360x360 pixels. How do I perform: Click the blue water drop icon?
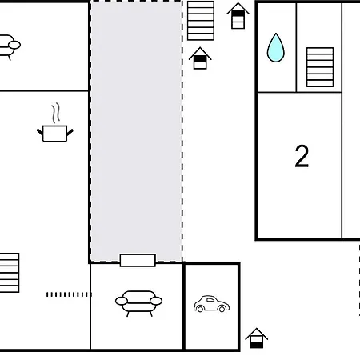pos(276,48)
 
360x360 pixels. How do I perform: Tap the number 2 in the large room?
pos(302,156)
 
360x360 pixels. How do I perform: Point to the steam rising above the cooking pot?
pos(56,113)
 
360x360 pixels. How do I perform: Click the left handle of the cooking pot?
pos(40,132)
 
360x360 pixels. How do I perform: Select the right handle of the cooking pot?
pos(70,132)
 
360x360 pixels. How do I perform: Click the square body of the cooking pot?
pos(54,134)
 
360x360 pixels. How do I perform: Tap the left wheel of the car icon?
pos(200,309)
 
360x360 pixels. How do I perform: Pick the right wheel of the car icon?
pos(222,309)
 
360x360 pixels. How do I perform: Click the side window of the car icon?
pos(210,300)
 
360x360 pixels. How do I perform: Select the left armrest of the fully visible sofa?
pos(122,301)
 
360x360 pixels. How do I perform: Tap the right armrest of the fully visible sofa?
pos(156,301)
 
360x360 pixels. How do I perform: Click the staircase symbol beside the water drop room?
pos(320,67)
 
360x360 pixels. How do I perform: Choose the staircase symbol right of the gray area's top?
pos(201,21)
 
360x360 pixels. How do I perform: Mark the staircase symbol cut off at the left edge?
pos(10,273)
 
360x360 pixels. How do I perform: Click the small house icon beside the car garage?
pos(257,338)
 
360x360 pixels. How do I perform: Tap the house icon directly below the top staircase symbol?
pos(200,58)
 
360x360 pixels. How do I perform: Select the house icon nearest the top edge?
pos(238,16)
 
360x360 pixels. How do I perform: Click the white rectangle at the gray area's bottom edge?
pos(138,260)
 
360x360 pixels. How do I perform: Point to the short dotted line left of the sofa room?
pos(69,294)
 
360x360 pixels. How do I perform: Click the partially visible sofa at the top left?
pos(10,46)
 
